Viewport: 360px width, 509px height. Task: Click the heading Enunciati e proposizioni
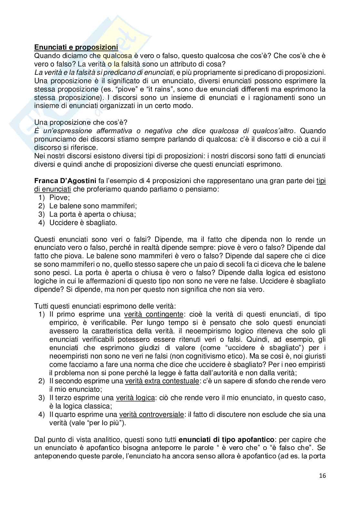(76, 47)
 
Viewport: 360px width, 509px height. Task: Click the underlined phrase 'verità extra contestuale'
(162, 381)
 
